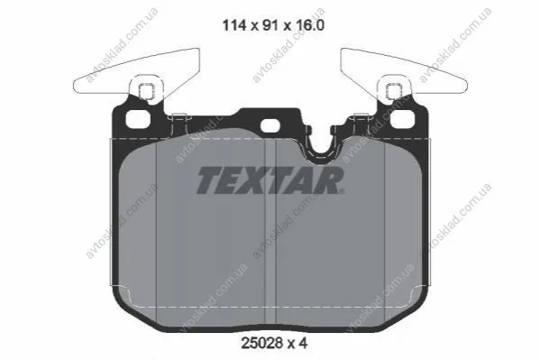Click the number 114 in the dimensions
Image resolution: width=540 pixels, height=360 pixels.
pyautogui.click(x=234, y=25)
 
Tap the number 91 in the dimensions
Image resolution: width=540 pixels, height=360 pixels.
pyautogui.click(x=270, y=25)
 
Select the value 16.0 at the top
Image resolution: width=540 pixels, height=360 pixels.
pyautogui.click(x=309, y=25)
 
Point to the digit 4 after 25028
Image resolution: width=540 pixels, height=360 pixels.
pyautogui.click(x=302, y=343)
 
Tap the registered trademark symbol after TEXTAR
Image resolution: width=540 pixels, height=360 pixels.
pyautogui.click(x=341, y=190)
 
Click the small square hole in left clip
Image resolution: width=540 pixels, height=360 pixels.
pyautogui.click(x=146, y=91)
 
